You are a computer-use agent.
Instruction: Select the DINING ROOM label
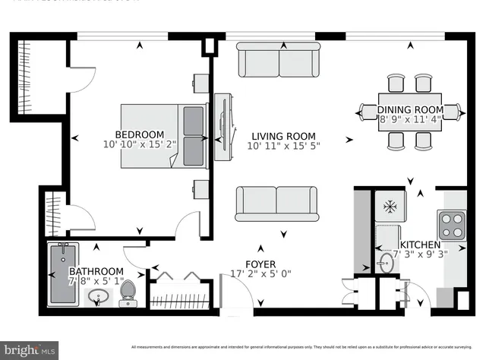point(411,109)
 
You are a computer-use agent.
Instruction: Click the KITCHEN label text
point(420,245)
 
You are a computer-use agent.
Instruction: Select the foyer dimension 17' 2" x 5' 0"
point(260,274)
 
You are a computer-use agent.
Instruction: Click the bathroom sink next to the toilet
point(98,297)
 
